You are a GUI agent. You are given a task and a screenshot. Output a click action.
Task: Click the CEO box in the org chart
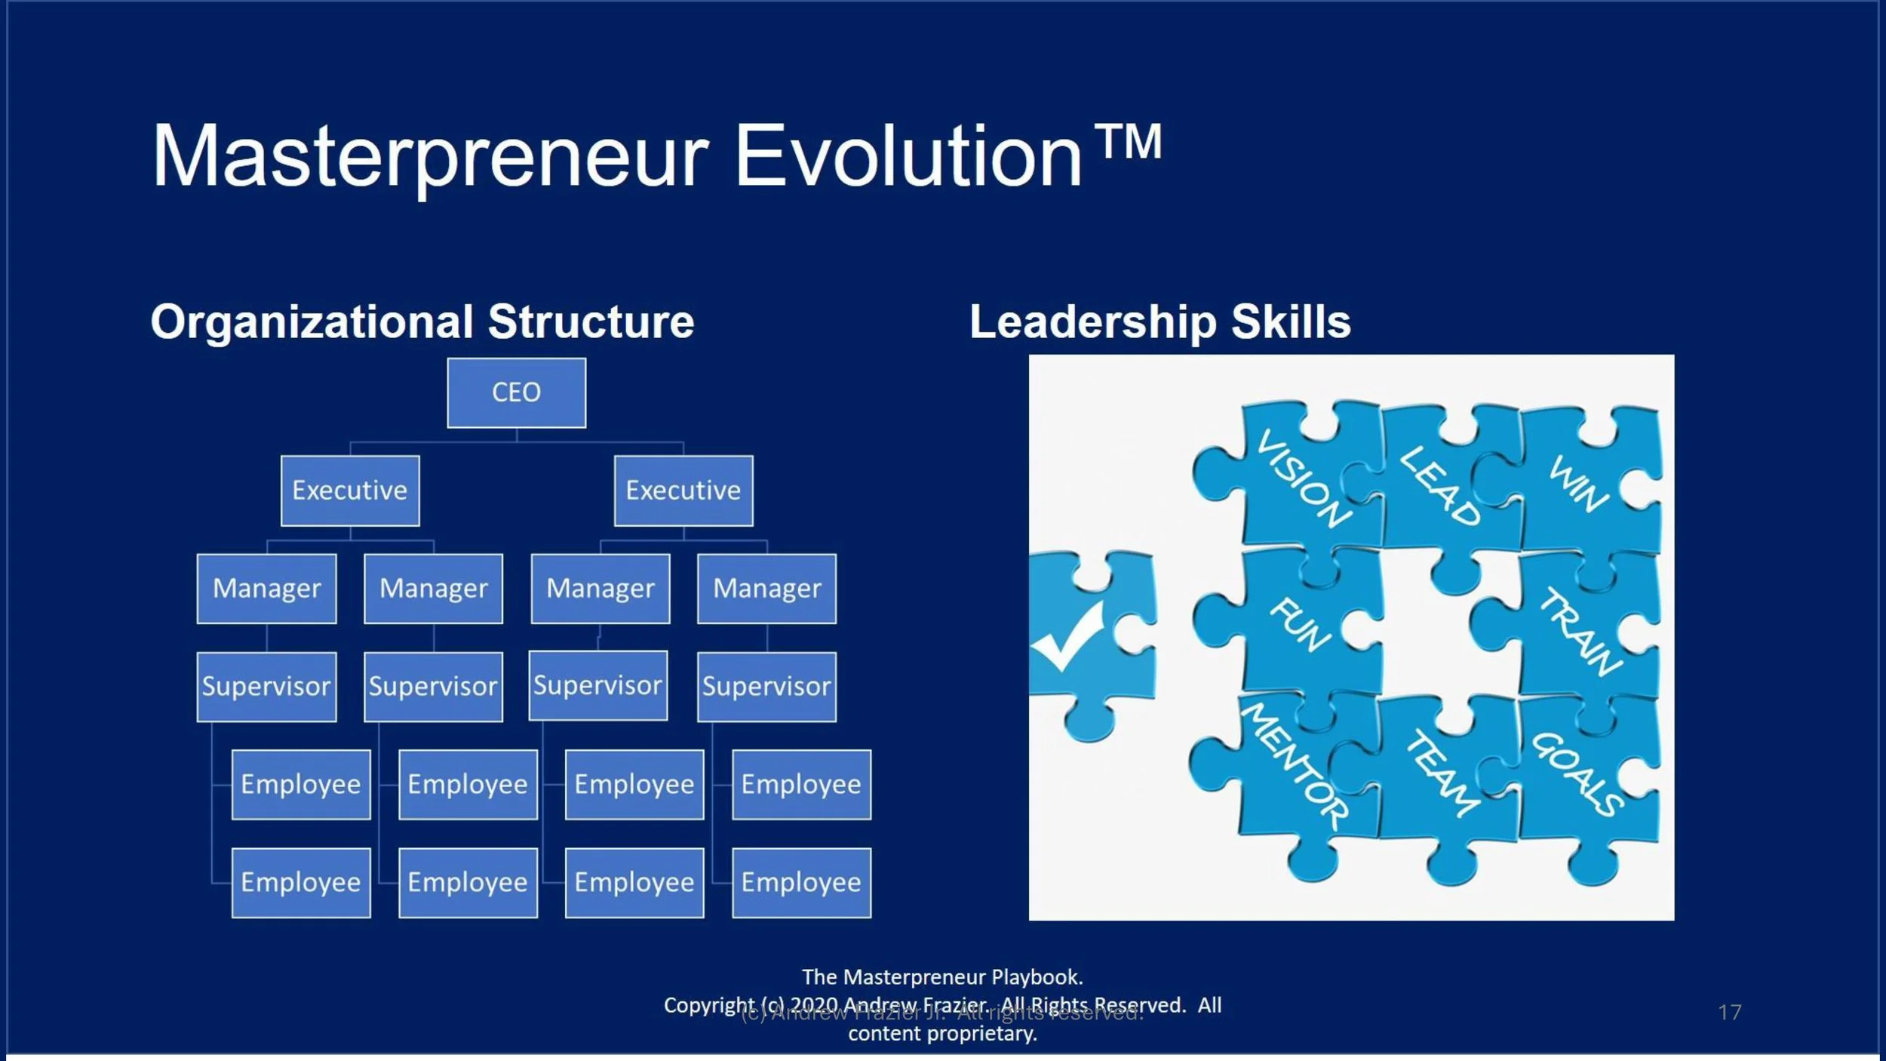coord(516,392)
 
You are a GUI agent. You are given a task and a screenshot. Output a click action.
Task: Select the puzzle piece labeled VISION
coord(1304,478)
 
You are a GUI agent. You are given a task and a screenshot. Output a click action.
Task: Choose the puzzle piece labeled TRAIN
coord(1580,631)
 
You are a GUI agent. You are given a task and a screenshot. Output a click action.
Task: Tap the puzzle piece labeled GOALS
coord(1577,773)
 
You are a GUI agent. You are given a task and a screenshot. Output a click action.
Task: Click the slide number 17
coord(1730,1012)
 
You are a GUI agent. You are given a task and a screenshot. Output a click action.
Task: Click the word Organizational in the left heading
coord(311,322)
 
